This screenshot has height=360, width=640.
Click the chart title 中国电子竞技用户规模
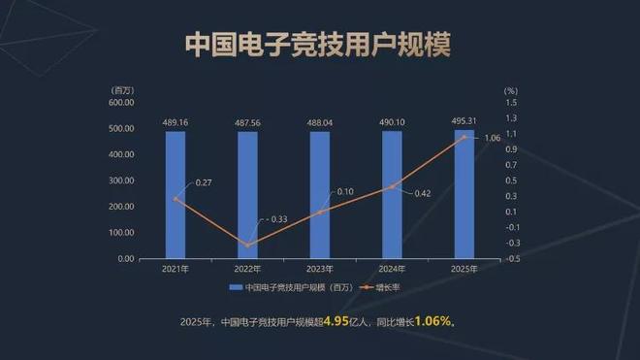click(319, 46)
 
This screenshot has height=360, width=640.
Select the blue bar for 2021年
click(176, 194)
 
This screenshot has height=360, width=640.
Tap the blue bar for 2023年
click(320, 194)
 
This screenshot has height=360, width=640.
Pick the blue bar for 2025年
click(464, 194)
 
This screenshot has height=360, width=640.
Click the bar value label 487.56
click(247, 123)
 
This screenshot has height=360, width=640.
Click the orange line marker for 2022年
click(247, 245)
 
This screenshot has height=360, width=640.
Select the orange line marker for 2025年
click(464, 137)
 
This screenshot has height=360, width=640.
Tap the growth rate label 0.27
click(205, 182)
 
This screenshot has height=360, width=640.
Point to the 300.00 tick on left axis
click(120, 180)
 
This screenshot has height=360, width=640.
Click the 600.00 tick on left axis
click(120, 102)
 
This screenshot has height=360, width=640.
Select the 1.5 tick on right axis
click(511, 102)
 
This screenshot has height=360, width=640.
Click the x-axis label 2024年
click(392, 269)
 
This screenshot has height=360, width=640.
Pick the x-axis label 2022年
click(247, 269)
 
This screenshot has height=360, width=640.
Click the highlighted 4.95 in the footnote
click(336, 321)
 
